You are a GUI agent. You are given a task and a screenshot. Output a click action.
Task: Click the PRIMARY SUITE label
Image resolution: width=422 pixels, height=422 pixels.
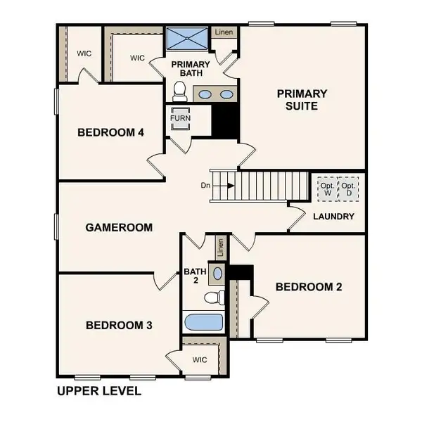pyautogui.click(x=302, y=100)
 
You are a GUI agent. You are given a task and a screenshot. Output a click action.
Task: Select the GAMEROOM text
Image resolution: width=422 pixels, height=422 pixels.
pyautogui.click(x=119, y=227)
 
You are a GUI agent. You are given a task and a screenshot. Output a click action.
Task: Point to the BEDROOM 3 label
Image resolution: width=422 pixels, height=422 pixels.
pyautogui.click(x=120, y=325)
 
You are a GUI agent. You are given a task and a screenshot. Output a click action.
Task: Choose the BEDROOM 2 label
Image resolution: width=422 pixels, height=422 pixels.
pyautogui.click(x=309, y=286)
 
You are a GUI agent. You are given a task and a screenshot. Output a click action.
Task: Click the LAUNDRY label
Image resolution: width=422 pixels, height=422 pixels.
pyautogui.click(x=334, y=216)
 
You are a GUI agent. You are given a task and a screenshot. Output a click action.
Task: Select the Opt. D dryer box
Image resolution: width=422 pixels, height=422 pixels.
pyautogui.click(x=348, y=188)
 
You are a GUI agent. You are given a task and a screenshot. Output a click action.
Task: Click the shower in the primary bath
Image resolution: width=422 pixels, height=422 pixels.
pyautogui.click(x=188, y=37)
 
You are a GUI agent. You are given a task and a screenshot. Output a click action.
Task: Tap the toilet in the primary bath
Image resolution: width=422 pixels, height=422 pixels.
pyautogui.click(x=179, y=91)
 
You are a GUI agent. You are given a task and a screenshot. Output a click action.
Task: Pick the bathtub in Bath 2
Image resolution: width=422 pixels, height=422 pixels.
pyautogui.click(x=203, y=324)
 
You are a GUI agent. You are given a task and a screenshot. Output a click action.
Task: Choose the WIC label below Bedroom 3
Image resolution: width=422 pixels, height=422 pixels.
pyautogui.click(x=200, y=359)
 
